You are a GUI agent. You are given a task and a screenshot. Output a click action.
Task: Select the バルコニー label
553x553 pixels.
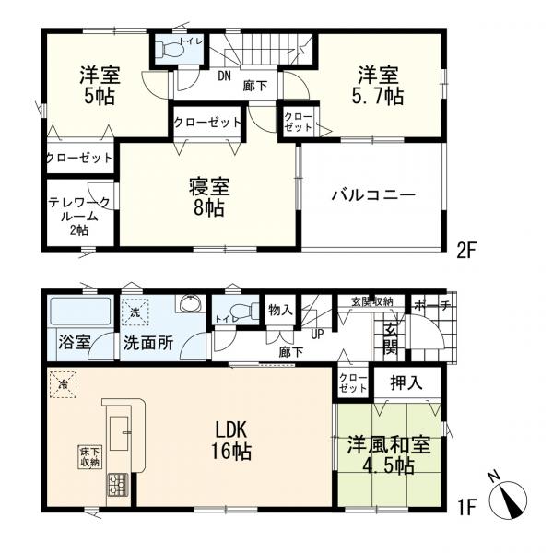pyautogui.click(x=373, y=195)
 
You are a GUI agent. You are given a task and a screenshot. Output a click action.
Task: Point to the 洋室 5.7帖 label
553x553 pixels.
pyautogui.click(x=380, y=83)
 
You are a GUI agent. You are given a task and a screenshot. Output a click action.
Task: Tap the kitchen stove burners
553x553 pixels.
pyautogui.click(x=119, y=483)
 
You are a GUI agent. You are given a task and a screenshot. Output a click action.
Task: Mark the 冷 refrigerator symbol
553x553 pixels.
pyautogui.click(x=65, y=386)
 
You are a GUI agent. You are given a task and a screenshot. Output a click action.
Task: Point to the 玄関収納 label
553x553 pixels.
pyautogui.click(x=372, y=301)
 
